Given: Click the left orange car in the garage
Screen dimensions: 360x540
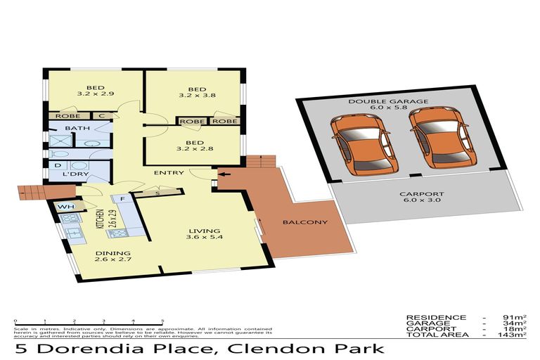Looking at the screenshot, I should pyautogui.click(x=363, y=147).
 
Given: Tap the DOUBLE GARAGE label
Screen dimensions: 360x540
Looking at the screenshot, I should pyautogui.click(x=398, y=102).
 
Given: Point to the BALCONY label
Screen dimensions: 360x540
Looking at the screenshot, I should pyautogui.click(x=305, y=223).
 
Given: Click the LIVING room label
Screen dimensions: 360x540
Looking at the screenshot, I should pyautogui.click(x=205, y=231).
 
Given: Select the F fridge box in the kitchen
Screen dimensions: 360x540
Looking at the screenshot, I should pyautogui.click(x=122, y=200).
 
